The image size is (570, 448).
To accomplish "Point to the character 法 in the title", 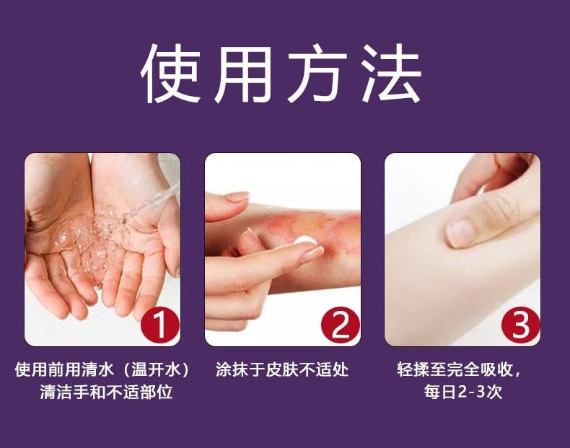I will click(394, 74).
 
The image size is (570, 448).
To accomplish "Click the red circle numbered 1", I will click(159, 326).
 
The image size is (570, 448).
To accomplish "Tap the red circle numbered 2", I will click(339, 326).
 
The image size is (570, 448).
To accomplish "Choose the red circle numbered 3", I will click(519, 326).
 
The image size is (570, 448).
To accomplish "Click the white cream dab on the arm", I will click(305, 242).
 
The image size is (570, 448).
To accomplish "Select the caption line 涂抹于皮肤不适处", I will click(282, 370).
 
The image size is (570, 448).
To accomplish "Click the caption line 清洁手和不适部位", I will click(106, 393).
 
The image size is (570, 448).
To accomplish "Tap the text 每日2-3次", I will click(462, 393).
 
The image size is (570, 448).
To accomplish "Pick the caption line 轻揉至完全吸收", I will click(455, 370).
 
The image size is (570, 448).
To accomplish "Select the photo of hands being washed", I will click(102, 249).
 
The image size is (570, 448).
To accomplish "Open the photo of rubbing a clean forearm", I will click(462, 249).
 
